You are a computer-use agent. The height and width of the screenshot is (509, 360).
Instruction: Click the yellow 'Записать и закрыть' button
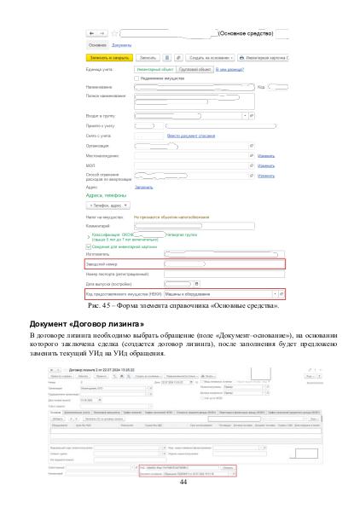click(x=109, y=57)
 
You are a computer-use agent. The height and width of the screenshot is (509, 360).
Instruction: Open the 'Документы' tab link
click(x=121, y=44)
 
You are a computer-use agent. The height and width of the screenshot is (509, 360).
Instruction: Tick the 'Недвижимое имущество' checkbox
click(x=138, y=78)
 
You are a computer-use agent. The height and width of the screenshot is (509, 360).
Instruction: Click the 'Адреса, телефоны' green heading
click(x=107, y=194)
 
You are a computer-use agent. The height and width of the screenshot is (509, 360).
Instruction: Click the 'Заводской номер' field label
click(x=106, y=263)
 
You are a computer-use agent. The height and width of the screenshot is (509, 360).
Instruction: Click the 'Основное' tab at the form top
click(x=97, y=44)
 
